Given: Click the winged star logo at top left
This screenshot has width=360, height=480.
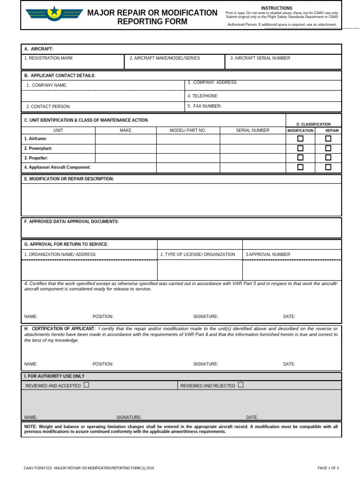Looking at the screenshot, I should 54,13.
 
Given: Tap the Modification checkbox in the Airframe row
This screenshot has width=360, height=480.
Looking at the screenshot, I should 300,138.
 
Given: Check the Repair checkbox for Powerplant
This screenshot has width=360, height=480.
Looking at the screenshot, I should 328,148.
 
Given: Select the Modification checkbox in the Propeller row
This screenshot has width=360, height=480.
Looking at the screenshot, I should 300,157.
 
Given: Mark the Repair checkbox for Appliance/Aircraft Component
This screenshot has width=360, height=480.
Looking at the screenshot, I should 328,167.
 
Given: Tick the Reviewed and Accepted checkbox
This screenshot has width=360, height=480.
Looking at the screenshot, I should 86,385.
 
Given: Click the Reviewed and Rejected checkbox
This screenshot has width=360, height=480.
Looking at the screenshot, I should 240,385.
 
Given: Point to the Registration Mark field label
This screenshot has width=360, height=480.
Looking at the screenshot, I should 49,58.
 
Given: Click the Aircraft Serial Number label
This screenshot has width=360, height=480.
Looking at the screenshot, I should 260,58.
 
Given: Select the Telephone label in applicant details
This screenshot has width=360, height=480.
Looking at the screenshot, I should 203,96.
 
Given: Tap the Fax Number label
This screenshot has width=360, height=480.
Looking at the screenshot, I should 204,106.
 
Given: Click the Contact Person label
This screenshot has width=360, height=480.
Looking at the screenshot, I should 48,107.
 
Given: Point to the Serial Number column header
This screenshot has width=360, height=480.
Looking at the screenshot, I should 253,130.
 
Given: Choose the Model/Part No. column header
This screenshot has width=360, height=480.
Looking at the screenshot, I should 187,130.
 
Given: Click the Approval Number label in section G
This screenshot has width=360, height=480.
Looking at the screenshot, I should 268,255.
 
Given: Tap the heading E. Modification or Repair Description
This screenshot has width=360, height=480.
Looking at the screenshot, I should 69,179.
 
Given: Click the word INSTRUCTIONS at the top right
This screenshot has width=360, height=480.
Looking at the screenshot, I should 277,8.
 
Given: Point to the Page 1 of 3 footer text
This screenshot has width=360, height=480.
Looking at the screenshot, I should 328,468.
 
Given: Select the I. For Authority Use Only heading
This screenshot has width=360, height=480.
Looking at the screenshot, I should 54,376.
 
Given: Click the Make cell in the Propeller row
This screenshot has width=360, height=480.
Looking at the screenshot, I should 126,158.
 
